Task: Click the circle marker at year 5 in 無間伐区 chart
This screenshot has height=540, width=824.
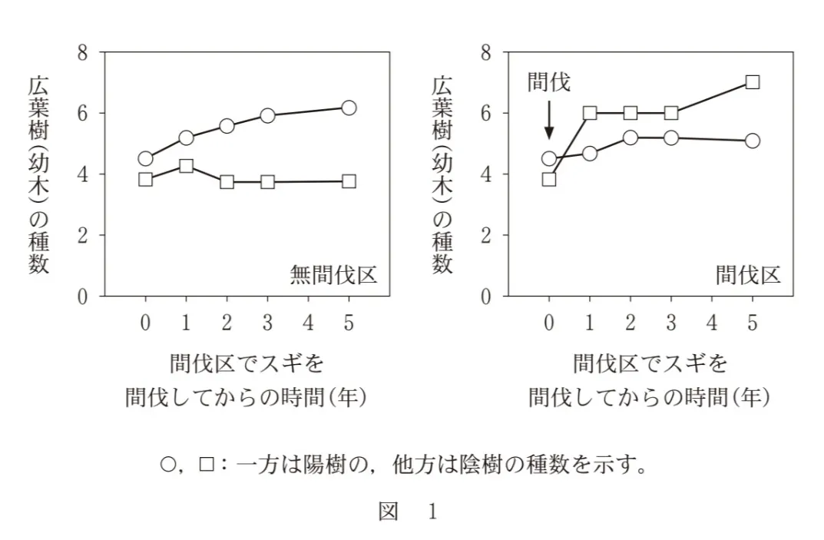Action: (349, 108)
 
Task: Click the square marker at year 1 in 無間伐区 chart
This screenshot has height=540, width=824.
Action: (186, 165)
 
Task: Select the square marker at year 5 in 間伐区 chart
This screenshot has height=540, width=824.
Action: (753, 82)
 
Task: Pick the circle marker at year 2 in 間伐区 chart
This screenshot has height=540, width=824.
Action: (630, 137)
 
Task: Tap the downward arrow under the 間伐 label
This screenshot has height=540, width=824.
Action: (548, 121)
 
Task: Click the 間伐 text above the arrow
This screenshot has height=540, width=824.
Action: (549, 82)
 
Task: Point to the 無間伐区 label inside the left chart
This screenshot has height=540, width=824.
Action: (333, 274)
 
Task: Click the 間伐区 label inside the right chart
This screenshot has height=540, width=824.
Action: (748, 274)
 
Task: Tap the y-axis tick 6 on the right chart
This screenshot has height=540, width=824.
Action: (485, 113)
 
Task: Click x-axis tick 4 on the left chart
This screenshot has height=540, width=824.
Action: (308, 323)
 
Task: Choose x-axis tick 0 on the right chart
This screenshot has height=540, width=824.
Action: (549, 323)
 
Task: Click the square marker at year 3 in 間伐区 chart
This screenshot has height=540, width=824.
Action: (671, 113)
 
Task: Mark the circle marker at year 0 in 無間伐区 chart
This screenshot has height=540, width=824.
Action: (145, 159)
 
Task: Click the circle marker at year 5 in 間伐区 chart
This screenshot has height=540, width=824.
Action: (753, 141)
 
